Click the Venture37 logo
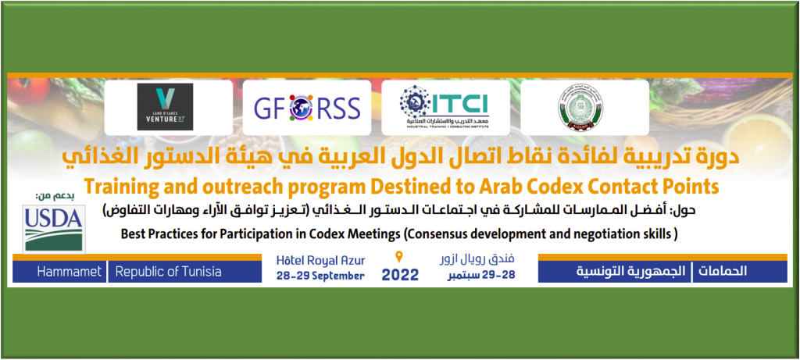coord(165,107)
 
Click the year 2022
coord(400,275)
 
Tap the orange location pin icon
coord(400,257)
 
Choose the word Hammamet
coord(72,272)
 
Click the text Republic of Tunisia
coord(169,272)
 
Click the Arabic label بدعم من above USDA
coord(51,194)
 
